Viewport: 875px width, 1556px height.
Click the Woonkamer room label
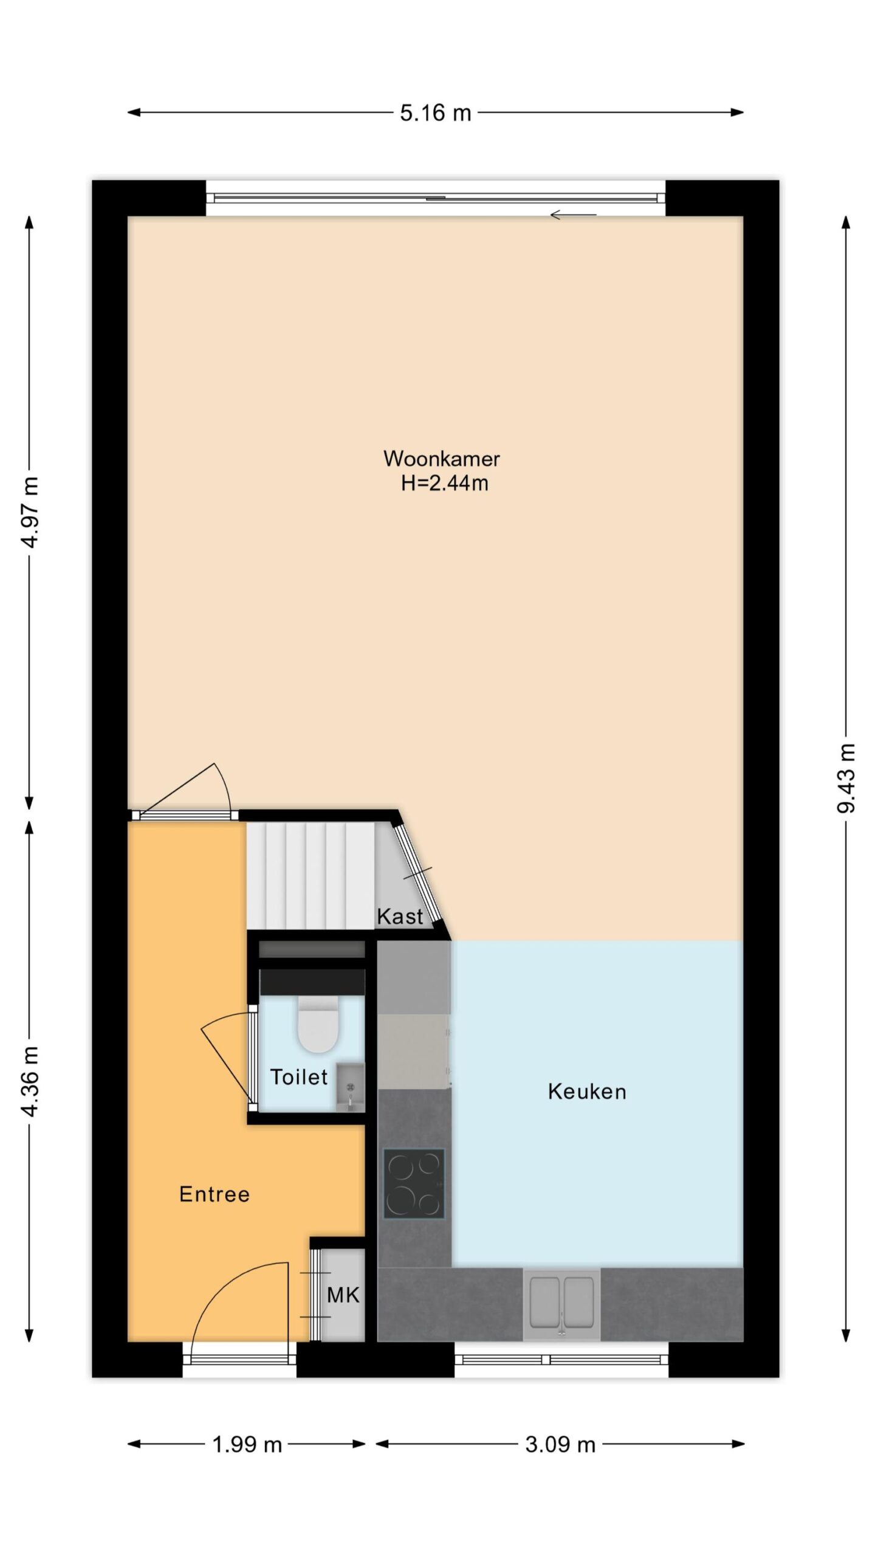point(441,458)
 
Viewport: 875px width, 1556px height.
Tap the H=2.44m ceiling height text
point(444,483)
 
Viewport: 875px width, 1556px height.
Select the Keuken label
point(587,1092)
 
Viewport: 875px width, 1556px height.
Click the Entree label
point(214,1194)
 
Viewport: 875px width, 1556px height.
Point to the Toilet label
point(299,1076)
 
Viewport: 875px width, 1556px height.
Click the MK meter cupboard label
point(343,1295)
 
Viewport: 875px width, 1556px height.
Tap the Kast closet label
point(400,916)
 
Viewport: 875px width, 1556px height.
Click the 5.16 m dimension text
point(435,113)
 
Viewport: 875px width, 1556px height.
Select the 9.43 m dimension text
point(846,778)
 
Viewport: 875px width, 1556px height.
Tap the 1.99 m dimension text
point(247,1445)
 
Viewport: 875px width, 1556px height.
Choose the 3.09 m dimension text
point(560,1445)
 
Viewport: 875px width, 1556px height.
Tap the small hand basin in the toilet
point(350,1087)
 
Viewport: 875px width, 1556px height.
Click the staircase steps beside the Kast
point(310,876)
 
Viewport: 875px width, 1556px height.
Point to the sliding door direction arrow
point(574,215)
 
